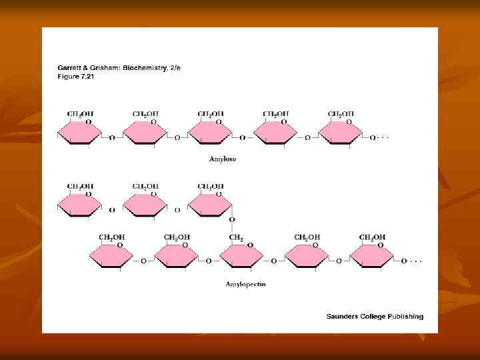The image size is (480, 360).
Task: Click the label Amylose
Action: pyautogui.click(x=222, y=159)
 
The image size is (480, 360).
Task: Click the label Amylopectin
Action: pyautogui.click(x=245, y=284)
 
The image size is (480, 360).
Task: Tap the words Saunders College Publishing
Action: pyautogui.click(x=374, y=316)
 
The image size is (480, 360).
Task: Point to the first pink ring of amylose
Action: pyautogui.click(x=80, y=134)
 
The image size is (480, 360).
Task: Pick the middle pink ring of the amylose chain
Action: pyautogui.click(x=211, y=134)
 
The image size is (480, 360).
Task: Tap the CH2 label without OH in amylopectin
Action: pyautogui.click(x=237, y=237)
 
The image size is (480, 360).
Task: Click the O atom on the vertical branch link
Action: pyautogui.click(x=231, y=219)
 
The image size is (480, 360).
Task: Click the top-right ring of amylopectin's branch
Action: pyautogui.click(x=211, y=205)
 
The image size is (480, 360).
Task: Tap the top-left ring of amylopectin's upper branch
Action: pyautogui.click(x=80, y=205)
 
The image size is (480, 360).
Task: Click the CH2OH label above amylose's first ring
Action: pyautogui.click(x=80, y=114)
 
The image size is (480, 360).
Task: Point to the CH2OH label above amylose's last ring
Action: pyautogui.click(x=341, y=114)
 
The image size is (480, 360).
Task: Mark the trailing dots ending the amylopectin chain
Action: pyautogui.click(x=415, y=261)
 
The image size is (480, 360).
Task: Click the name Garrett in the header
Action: pyautogui.click(x=70, y=68)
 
